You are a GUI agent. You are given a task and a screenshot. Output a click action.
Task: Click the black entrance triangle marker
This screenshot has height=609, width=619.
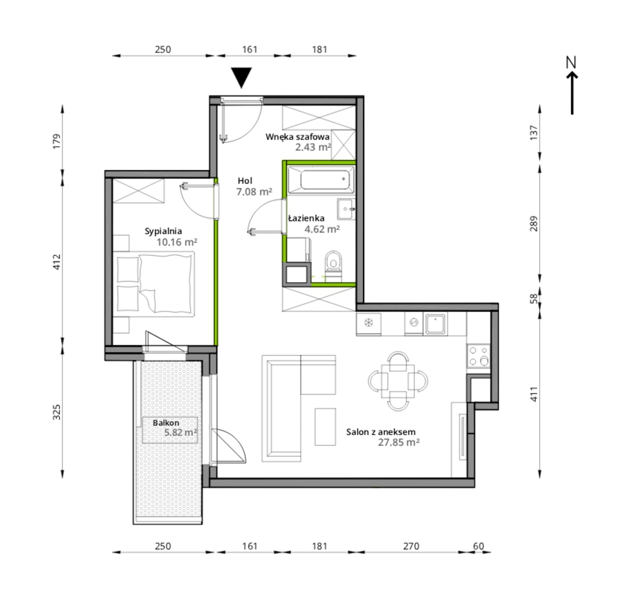click(241, 77)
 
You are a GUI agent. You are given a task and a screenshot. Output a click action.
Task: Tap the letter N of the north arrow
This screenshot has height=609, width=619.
click(571, 63)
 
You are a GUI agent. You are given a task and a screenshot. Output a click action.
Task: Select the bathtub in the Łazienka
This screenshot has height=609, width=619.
click(321, 180)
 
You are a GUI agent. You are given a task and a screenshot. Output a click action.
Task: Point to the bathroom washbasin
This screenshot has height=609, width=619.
click(346, 209)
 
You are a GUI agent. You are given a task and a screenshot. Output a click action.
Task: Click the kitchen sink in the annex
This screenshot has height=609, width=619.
click(435, 324)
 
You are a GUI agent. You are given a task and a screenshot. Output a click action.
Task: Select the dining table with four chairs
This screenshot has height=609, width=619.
click(398, 381)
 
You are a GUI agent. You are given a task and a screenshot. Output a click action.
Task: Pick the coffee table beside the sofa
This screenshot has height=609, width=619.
click(325, 427)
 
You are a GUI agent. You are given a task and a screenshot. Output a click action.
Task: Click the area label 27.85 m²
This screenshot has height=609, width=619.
click(399, 442)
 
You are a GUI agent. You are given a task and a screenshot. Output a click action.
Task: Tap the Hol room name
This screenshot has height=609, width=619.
click(245, 181)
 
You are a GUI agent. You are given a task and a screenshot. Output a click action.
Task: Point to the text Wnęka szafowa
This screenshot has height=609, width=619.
click(297, 137)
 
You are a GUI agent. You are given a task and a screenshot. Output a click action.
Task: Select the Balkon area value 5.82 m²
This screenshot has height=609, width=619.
click(180, 432)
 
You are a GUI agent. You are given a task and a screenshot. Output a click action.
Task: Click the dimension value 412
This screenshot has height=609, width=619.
click(57, 262)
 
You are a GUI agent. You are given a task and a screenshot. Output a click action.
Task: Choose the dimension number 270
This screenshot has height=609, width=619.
click(411, 546)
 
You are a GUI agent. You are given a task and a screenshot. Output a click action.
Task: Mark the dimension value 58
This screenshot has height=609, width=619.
click(534, 298)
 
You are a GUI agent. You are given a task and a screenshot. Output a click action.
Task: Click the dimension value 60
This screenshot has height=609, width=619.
click(479, 546)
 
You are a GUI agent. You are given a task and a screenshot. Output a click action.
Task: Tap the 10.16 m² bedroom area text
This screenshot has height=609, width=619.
click(177, 242)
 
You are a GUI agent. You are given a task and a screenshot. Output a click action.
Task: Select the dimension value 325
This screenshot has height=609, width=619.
click(57, 412)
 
